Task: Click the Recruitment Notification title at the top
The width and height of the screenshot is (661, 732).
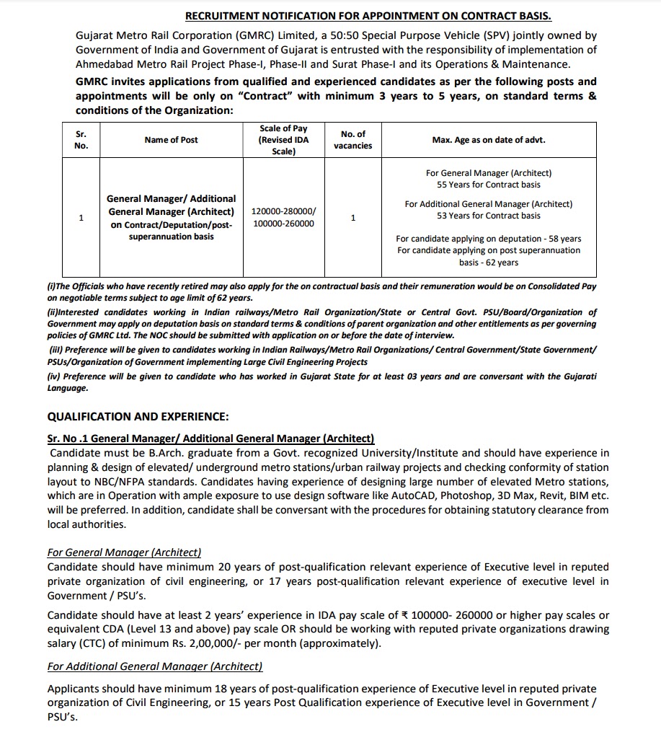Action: click(368, 15)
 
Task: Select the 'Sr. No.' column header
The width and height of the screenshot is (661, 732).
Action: click(81, 140)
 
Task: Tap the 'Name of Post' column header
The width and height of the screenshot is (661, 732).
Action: click(171, 140)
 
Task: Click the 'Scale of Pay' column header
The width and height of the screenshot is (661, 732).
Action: click(283, 140)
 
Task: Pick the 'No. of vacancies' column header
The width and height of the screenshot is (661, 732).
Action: click(352, 140)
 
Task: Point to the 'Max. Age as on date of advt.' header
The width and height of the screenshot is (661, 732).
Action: click(488, 140)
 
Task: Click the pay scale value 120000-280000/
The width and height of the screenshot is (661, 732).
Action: click(283, 211)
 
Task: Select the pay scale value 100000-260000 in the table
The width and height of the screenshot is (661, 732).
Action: click(283, 224)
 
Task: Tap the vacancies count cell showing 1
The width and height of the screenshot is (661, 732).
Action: click(352, 218)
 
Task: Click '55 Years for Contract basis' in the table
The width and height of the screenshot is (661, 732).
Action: click(488, 185)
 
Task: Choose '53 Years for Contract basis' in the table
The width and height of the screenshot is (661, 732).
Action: click(488, 216)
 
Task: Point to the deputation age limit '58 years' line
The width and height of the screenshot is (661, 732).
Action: click(488, 239)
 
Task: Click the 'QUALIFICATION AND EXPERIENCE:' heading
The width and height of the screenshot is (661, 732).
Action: click(138, 416)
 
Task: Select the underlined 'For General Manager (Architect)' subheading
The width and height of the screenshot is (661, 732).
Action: click(124, 552)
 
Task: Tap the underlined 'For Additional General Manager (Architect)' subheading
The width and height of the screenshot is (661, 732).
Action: click(155, 666)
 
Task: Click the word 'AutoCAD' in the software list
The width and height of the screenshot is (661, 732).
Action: click(414, 495)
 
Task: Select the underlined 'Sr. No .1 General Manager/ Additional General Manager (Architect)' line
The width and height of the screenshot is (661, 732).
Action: click(210, 438)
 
